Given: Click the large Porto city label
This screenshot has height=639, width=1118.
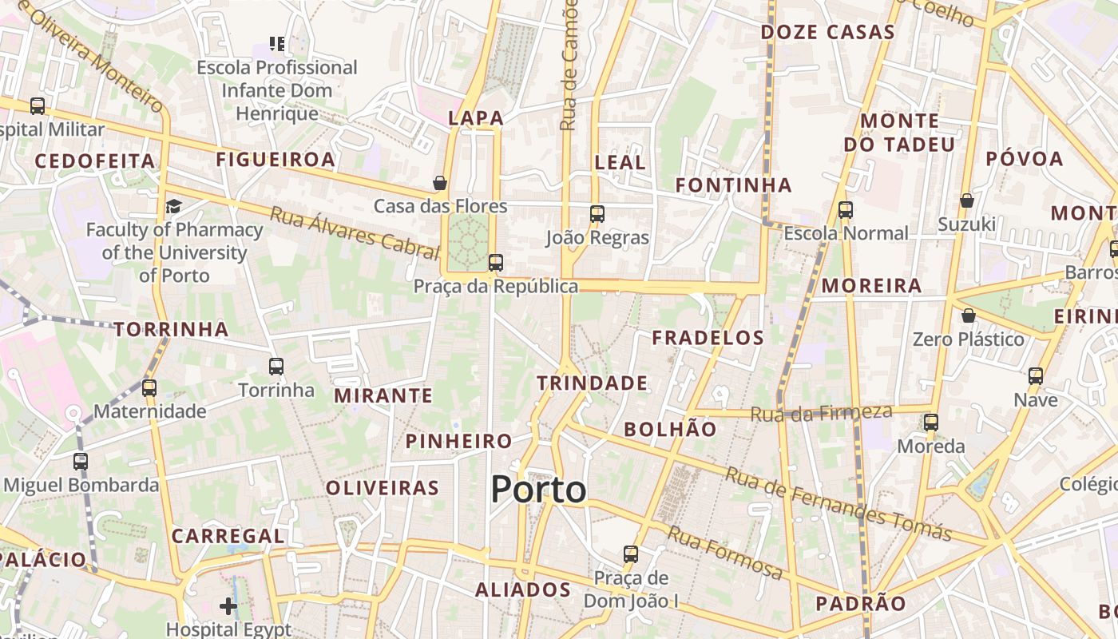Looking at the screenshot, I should tap(538, 489).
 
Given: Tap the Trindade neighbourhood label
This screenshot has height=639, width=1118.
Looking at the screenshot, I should tap(592, 383).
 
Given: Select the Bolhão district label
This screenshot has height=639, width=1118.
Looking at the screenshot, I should tap(670, 429).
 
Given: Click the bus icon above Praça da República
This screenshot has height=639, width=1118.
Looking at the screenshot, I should tap(495, 262).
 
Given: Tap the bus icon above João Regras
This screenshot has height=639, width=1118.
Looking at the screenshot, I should tap(597, 213).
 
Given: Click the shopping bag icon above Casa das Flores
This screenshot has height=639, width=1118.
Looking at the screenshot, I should tap(439, 183).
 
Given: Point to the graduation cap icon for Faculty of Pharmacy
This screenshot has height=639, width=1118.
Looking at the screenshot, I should tap(173, 207).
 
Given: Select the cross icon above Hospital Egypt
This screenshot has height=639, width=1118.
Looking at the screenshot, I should tap(228, 606).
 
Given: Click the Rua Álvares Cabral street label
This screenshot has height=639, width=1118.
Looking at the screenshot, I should tap(355, 232).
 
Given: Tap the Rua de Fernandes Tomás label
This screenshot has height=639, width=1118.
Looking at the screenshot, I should tap(838, 504).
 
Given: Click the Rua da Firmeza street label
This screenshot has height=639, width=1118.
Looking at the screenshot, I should tap(821, 413).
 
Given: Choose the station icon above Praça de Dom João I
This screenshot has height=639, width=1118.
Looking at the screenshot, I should tap(630, 554).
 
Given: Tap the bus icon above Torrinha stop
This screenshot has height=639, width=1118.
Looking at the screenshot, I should tap(276, 367).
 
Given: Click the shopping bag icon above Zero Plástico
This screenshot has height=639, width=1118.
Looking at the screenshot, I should tap(968, 316).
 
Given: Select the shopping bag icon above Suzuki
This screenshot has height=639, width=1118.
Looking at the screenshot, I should tap(966, 200).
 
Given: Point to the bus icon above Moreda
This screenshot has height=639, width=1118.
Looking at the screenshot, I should tap(930, 422).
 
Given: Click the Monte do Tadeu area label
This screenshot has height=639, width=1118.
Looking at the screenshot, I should tap(899, 133).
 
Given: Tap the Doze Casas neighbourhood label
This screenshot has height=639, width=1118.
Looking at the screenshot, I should tap(827, 33).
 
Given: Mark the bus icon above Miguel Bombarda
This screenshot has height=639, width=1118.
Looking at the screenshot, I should tap(81, 461).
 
